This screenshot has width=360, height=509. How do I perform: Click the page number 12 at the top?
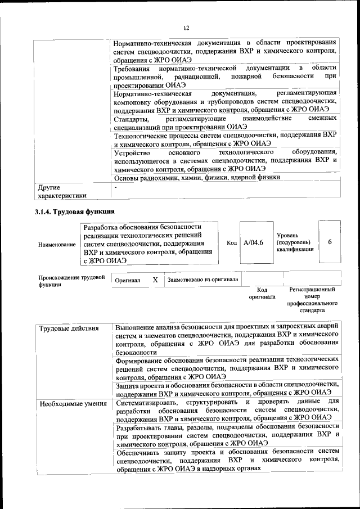(186, 28)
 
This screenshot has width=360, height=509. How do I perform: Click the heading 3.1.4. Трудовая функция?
(75, 212)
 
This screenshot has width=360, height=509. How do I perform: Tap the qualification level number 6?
(330, 241)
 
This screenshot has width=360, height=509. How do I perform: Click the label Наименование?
(56, 245)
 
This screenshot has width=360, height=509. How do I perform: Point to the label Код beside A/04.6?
(231, 242)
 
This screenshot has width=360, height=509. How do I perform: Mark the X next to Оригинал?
(155, 280)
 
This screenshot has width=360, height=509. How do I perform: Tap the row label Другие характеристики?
(61, 191)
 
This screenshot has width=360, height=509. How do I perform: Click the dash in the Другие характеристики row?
(115, 187)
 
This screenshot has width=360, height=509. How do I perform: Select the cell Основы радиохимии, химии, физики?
(196, 177)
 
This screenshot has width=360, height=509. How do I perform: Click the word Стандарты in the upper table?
(132, 119)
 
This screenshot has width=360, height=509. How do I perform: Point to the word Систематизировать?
(150, 402)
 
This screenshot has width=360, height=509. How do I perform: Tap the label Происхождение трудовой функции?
(71, 281)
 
